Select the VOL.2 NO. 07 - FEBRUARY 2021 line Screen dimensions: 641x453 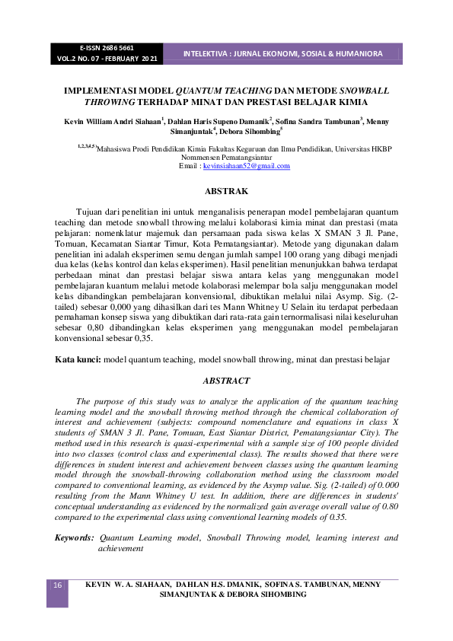coord(107,58)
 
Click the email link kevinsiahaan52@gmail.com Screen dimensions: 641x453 coord(241,165)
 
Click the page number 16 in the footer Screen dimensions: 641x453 coord(57,584)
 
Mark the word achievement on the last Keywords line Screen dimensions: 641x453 coord(122,547)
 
